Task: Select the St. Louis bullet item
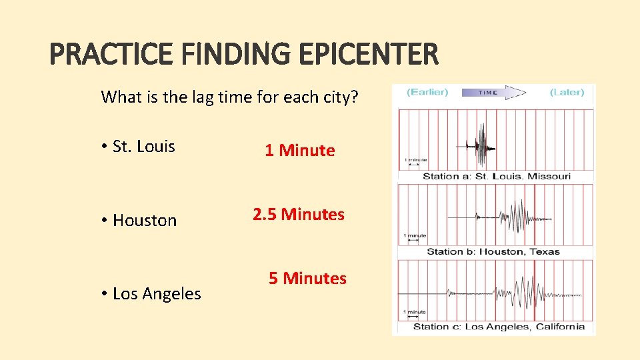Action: pos(143,147)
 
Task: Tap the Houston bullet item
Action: pos(145,221)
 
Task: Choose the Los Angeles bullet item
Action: pos(157,294)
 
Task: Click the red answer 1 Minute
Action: pos(299,151)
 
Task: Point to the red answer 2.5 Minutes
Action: pos(299,215)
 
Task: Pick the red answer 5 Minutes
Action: pos(307,279)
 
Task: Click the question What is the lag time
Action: pos(229,97)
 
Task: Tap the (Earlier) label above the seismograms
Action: pos(427,92)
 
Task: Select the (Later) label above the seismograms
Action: pos(567,92)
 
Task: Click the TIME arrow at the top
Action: pos(493,93)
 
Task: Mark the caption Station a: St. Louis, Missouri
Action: pos(497,177)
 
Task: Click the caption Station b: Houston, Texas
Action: pos(493,251)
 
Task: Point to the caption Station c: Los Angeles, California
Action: pos(499,327)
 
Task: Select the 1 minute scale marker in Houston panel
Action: pos(415,236)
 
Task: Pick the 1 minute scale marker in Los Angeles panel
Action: pos(415,312)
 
